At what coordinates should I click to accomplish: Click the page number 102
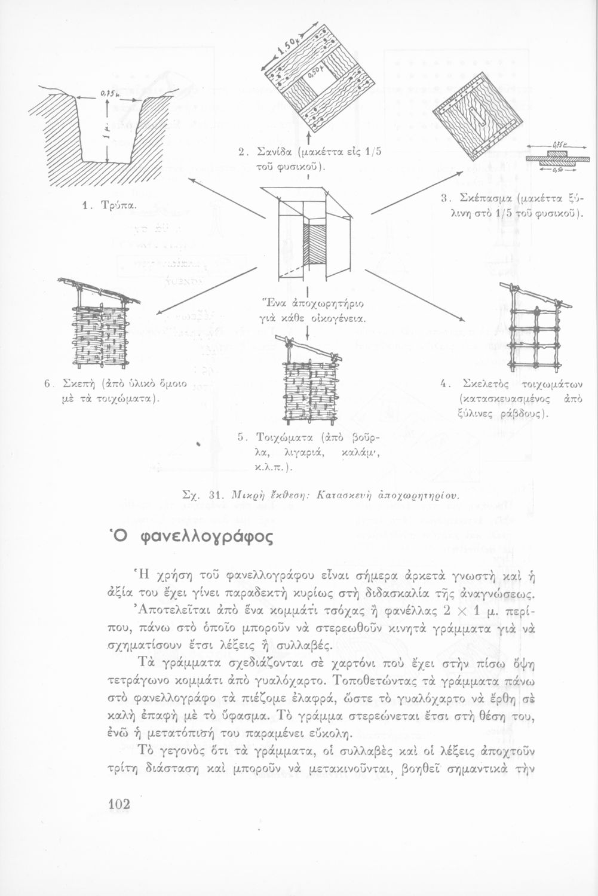(x=118, y=805)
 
